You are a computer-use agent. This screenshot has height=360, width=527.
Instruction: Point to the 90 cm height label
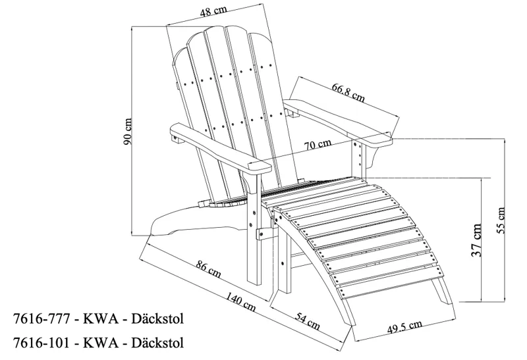129,131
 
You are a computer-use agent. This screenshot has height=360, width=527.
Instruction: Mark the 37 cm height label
476,240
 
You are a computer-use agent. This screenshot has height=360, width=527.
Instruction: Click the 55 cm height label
501,220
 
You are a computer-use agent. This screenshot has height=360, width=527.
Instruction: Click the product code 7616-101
40,343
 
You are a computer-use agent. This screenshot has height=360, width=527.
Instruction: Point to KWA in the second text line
99,343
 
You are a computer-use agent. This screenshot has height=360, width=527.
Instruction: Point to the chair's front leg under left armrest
252,230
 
